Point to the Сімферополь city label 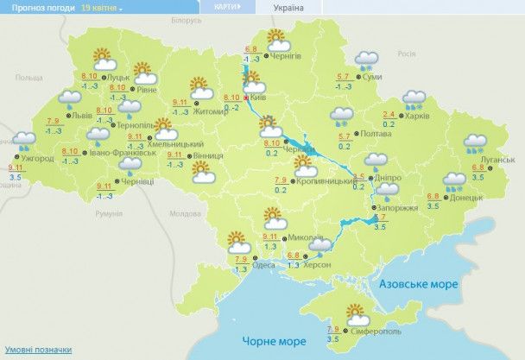(x=376, y=332)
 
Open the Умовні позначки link (x=36, y=350)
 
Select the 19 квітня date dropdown (x=102, y=7)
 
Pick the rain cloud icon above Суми (x=367, y=60)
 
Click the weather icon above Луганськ (x=474, y=143)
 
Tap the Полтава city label (x=376, y=135)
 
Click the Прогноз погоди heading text (x=37, y=7)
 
